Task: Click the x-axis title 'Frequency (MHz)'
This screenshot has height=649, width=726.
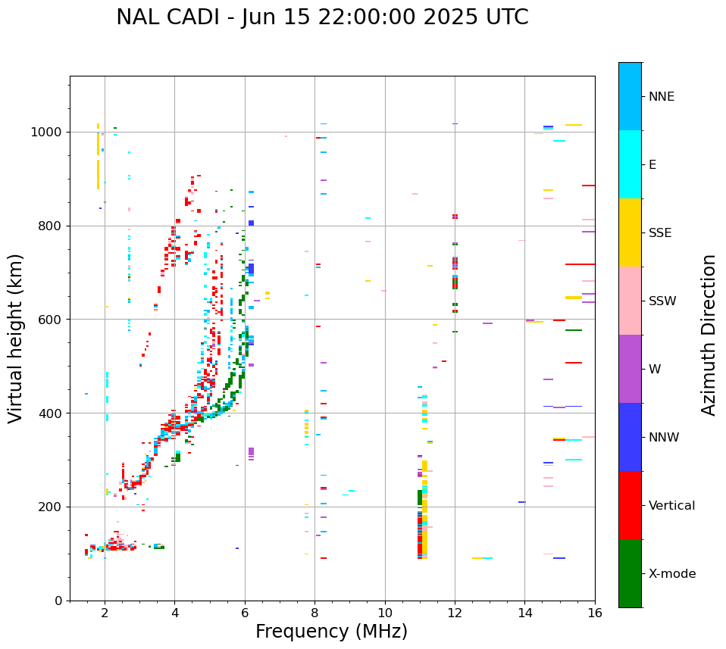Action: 331,632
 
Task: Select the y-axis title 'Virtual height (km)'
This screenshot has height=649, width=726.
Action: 16,338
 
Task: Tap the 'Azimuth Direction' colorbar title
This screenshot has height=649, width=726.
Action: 709,335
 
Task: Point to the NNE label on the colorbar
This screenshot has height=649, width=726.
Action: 661,97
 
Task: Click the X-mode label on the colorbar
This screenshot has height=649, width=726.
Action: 671,574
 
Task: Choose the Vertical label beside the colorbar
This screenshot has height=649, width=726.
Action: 671,506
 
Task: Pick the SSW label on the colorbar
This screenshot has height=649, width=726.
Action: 662,301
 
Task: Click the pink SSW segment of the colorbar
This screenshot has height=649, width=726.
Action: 630,301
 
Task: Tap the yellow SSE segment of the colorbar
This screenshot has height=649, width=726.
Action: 630,232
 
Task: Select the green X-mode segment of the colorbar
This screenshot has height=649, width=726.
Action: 630,573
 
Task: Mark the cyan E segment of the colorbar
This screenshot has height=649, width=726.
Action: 630,164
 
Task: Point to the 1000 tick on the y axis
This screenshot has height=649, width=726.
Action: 50,133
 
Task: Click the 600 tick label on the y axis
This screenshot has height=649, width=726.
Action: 53,320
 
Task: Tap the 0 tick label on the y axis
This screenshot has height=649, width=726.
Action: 59,601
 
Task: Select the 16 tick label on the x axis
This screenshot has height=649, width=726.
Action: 595,613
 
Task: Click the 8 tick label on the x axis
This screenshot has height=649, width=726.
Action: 314,613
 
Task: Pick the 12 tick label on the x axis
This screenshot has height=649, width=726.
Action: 455,613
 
